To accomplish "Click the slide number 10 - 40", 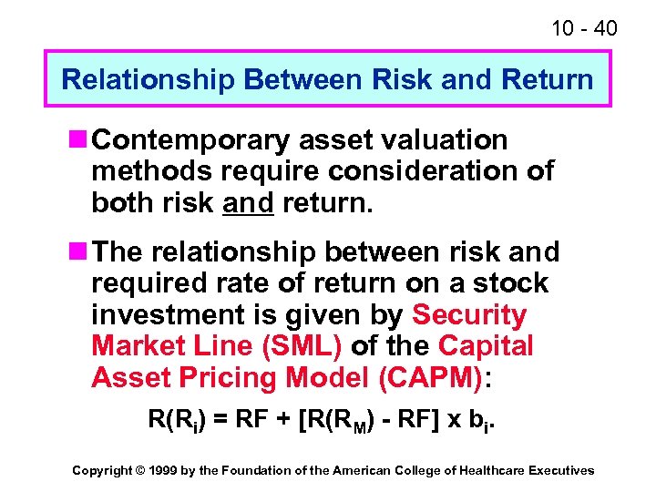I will point(584,29).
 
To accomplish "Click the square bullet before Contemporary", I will point(77,139).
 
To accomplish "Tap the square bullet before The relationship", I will point(77,251).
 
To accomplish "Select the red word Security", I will point(469,315).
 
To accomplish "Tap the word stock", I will point(510,283).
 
